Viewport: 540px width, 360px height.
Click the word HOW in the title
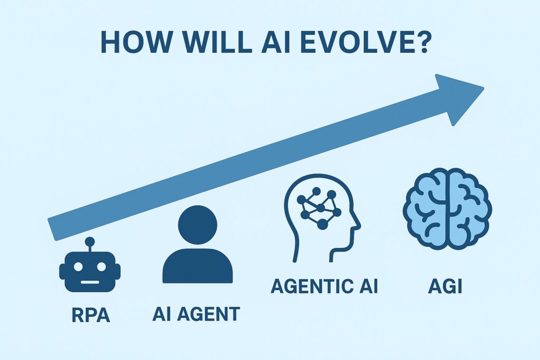[136, 42]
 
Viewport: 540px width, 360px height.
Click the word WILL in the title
[217, 42]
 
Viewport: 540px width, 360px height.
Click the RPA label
[91, 315]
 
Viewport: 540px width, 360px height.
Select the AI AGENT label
[196, 314]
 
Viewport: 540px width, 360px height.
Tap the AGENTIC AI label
[324, 286]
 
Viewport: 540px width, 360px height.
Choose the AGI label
[445, 286]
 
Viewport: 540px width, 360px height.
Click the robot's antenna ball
[90, 241]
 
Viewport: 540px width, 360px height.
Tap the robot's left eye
[78, 267]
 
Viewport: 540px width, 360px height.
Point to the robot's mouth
[90, 282]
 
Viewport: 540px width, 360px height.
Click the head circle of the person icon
[198, 225]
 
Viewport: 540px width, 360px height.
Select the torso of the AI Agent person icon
[198, 266]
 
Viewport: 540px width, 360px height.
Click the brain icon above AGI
[447, 209]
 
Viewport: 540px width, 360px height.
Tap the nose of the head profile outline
[359, 226]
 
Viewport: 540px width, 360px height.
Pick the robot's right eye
[102, 267]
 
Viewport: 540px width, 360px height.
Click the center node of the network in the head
[321, 208]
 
